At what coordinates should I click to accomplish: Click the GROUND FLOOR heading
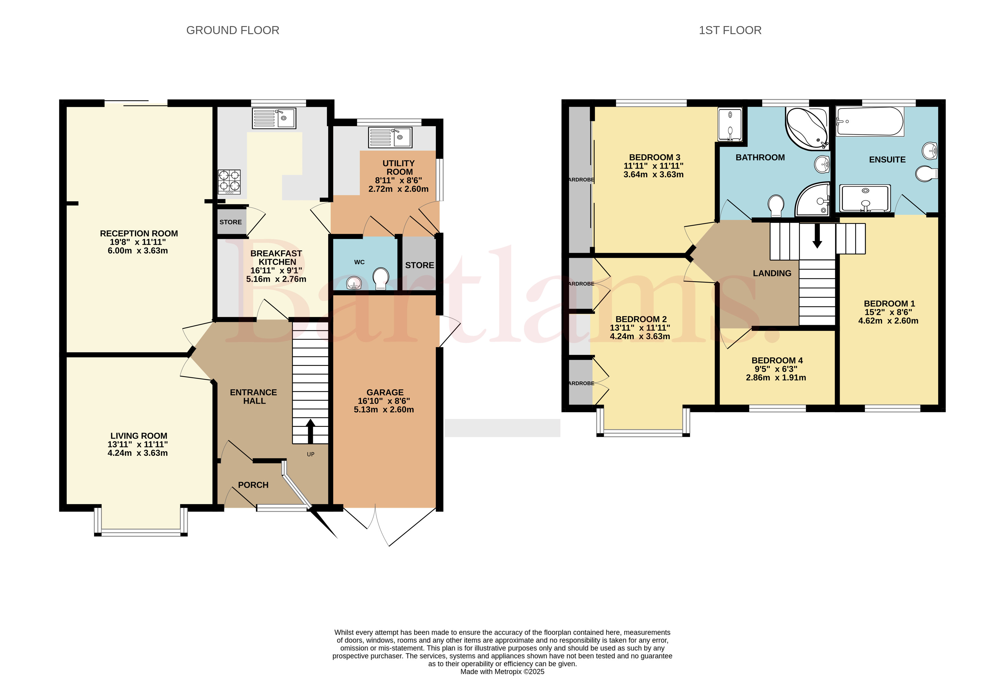point(233,30)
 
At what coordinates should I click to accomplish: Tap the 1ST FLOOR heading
point(730,30)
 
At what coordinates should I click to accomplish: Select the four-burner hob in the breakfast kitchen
point(229,182)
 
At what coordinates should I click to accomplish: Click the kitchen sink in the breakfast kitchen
point(274,118)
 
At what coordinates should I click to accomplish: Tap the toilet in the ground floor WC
point(381,278)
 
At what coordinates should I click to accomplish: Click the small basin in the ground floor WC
point(354,283)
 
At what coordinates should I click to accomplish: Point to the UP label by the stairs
point(310,454)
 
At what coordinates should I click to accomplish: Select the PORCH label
point(253,485)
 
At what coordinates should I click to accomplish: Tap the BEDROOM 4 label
point(777,360)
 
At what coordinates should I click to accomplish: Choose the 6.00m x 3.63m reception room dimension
point(138,251)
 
